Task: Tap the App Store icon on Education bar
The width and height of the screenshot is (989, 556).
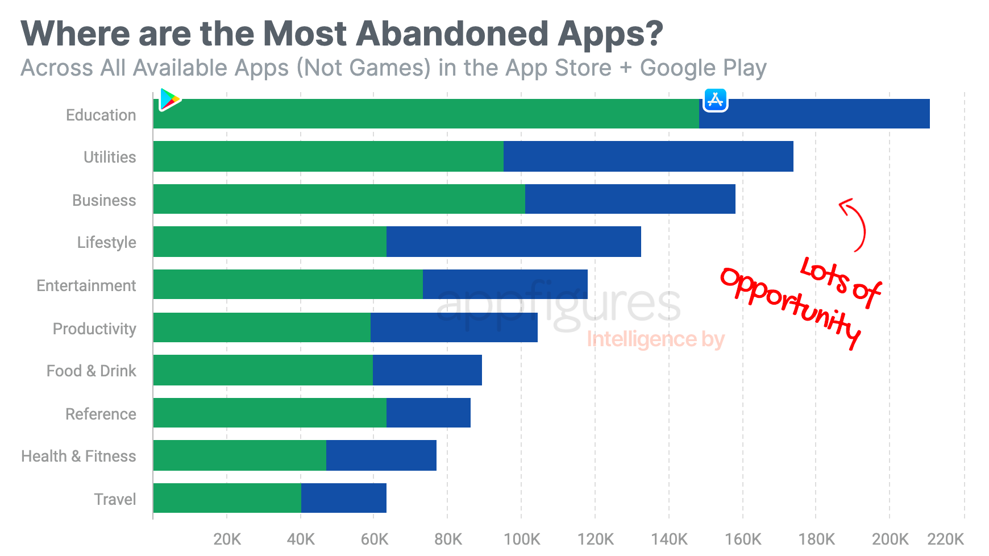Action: pyautogui.click(x=715, y=100)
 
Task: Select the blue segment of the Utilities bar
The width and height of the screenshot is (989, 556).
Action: pyautogui.click(x=648, y=156)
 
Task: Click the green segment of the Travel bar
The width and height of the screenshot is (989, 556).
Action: pyautogui.click(x=227, y=498)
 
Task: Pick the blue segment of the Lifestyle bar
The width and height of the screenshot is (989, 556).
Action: pyautogui.click(x=513, y=242)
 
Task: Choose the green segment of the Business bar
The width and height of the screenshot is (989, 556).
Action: pyautogui.click(x=339, y=199)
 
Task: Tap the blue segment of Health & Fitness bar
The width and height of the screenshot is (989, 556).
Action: pyautogui.click(x=381, y=455)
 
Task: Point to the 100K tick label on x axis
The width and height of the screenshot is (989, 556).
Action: pyautogui.click(x=521, y=539)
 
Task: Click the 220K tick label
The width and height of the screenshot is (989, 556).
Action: pyautogui.click(x=945, y=539)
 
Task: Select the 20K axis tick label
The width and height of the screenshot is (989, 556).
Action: pyautogui.click(x=227, y=539)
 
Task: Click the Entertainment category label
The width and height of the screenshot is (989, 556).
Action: pyautogui.click(x=86, y=285)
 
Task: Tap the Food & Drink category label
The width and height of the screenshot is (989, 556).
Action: pyautogui.click(x=91, y=371)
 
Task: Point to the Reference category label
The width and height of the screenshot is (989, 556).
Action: pyautogui.click(x=101, y=414)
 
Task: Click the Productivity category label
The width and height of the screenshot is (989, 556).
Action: pyautogui.click(x=94, y=329)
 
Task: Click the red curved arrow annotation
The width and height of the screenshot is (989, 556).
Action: pyautogui.click(x=855, y=225)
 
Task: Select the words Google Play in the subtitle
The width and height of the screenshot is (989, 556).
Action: pyautogui.click(x=703, y=68)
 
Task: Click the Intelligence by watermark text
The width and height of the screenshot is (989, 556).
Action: pyautogui.click(x=655, y=339)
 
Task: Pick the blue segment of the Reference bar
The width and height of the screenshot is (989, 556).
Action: pyautogui.click(x=428, y=413)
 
